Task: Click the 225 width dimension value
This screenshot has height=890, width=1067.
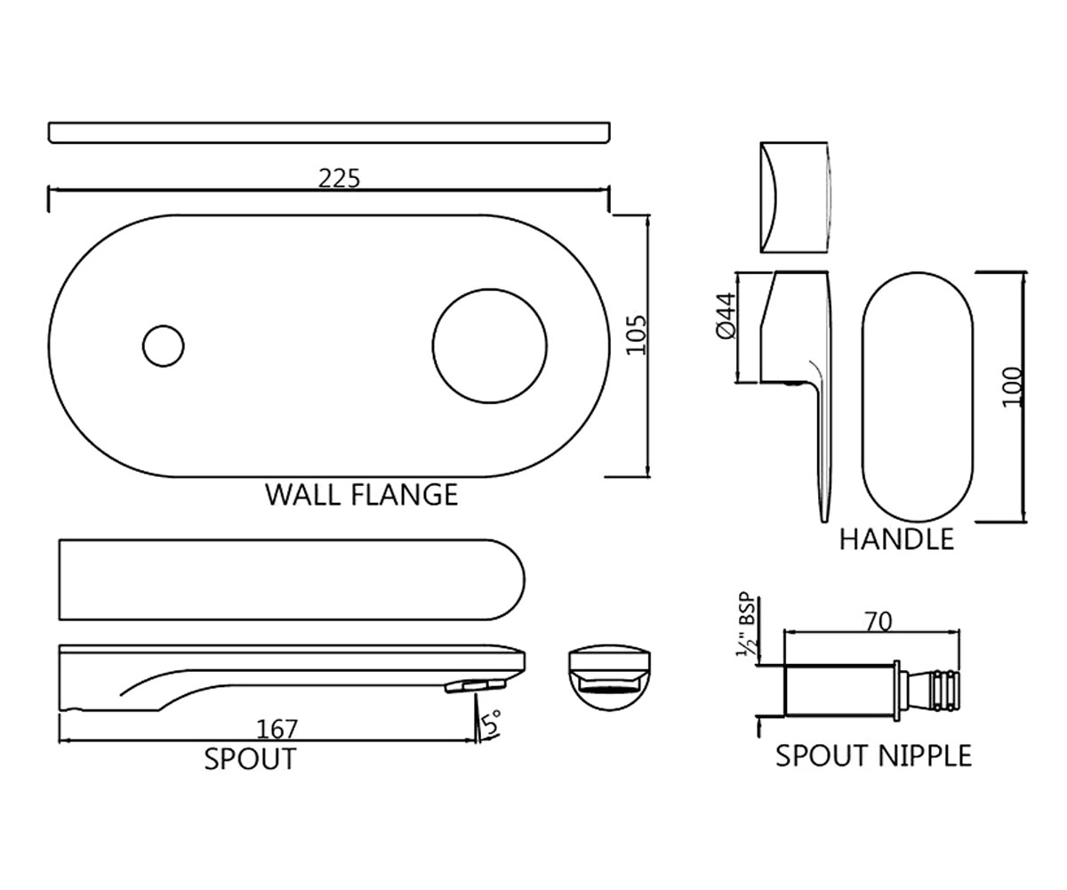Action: point(339,179)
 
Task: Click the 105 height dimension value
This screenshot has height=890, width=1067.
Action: point(637,335)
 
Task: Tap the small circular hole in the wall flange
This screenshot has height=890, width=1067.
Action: point(164,346)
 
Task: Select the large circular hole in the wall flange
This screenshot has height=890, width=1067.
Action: point(490,346)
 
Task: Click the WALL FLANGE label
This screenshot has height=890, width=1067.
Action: point(361,495)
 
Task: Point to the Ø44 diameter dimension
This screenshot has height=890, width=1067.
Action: point(726,316)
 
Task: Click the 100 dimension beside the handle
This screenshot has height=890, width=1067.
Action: point(1013,386)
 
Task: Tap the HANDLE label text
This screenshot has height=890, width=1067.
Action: point(896,539)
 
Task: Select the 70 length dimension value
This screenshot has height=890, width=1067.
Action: point(879,622)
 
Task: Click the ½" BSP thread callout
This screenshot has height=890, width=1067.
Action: point(746,625)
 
